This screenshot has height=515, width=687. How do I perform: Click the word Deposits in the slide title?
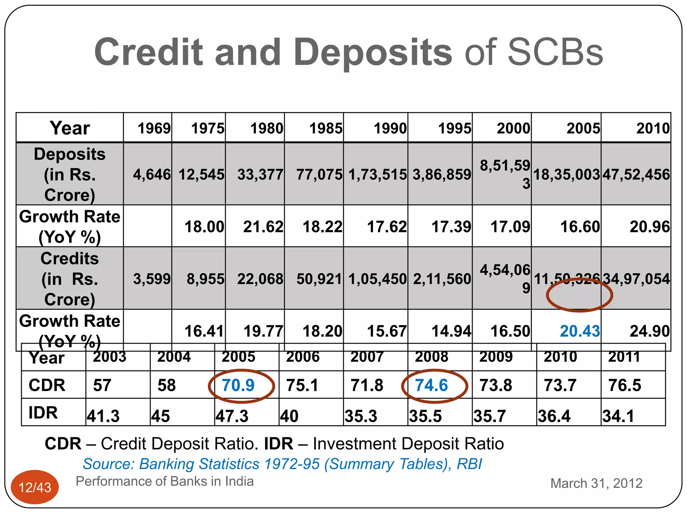373,52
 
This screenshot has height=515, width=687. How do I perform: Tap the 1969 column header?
154,128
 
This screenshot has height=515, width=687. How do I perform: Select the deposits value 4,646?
152,175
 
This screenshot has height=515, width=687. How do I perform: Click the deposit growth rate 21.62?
263,227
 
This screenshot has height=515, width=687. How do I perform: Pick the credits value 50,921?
319,279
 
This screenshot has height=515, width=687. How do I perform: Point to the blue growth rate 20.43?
580,331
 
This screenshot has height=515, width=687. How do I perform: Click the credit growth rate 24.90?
649,331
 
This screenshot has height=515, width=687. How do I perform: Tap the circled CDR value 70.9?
238,385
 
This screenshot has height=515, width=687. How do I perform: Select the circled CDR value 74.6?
431,385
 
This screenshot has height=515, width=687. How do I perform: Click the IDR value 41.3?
103,416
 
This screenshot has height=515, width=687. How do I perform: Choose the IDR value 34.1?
618,416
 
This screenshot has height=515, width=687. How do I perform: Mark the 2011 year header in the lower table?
624,357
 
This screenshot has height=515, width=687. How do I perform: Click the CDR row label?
47,385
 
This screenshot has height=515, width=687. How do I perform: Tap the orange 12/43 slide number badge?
35,487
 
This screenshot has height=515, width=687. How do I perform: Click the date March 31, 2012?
596,483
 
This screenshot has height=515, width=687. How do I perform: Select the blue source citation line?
282,464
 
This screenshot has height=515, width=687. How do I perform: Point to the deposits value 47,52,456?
636,175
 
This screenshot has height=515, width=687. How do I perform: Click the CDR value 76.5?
625,385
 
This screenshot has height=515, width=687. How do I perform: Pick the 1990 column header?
390,128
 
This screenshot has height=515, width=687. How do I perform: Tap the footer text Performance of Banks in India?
164,481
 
